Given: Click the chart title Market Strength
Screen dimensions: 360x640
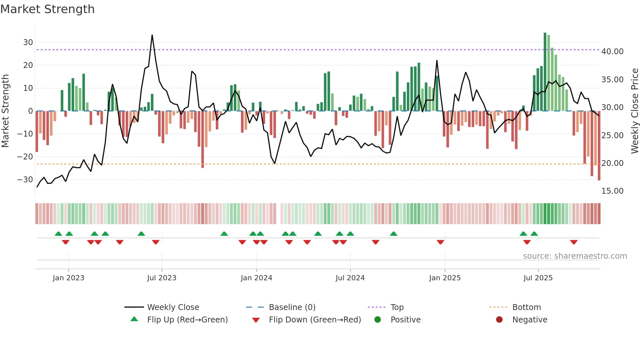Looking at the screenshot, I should [x=47, y=9].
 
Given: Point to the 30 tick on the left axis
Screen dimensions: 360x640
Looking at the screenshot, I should [x=28, y=42].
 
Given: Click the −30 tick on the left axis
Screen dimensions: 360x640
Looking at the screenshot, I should [x=25, y=180].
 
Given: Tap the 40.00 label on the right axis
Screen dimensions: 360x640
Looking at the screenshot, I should [x=612, y=52].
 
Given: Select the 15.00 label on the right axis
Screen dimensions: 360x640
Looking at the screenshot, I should [x=612, y=191].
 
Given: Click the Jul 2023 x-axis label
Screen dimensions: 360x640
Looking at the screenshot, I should [x=162, y=278].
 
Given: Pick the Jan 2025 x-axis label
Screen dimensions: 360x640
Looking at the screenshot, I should [x=445, y=278].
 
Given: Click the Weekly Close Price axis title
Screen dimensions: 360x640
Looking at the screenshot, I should [x=634, y=111].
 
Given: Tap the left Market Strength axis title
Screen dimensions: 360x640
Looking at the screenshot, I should [x=6, y=111].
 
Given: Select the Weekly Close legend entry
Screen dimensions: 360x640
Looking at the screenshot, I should [x=173, y=307].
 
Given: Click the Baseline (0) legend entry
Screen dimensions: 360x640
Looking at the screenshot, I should [x=292, y=307].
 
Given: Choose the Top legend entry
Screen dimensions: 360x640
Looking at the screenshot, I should [x=397, y=307].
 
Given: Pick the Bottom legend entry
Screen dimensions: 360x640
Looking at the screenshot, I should [x=526, y=307].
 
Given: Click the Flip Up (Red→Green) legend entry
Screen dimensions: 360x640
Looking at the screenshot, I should [x=187, y=320].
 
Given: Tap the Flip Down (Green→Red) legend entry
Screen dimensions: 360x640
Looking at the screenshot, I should [x=315, y=320].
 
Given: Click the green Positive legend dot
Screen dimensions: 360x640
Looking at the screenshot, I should [x=378, y=320].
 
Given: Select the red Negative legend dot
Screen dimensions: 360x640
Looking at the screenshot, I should [x=499, y=320].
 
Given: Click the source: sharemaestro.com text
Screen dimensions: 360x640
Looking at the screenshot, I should [x=575, y=256].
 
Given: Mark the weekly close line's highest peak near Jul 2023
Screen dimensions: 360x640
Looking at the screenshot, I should [x=152, y=35].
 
